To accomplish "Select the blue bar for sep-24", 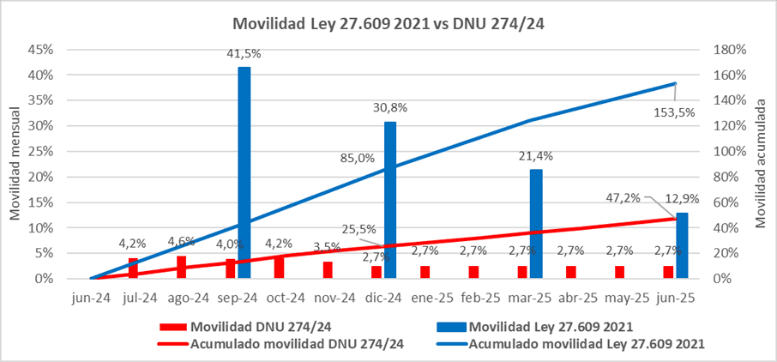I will [x=244, y=172].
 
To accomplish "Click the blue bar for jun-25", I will [x=682, y=245].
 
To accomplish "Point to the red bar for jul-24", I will [x=134, y=268].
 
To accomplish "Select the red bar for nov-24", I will [x=328, y=269].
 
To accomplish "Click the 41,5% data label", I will [x=244, y=54].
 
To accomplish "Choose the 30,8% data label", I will [x=390, y=108].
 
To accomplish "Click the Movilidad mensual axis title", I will [x=16, y=164].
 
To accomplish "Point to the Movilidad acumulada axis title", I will [x=760, y=164].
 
